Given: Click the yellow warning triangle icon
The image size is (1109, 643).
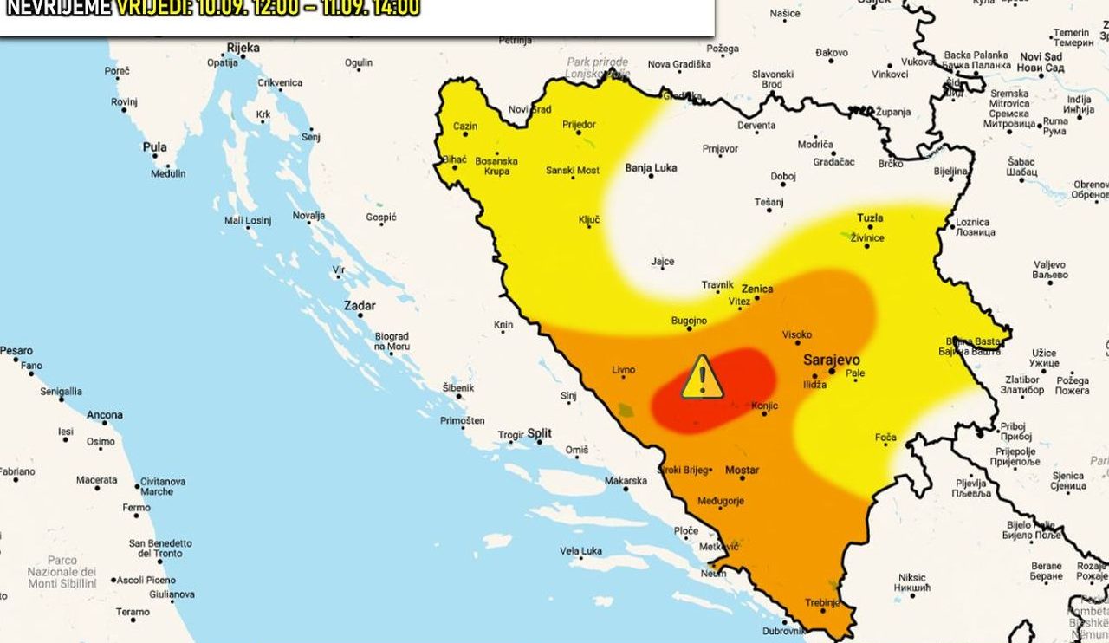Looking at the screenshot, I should coord(702,378).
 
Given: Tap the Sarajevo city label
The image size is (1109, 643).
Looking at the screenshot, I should coord(831,359).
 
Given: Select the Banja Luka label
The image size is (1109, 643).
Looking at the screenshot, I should coord(651,168).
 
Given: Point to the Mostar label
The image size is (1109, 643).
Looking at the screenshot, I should coord(742,470).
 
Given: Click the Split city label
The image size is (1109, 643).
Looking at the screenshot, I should coord(540,432).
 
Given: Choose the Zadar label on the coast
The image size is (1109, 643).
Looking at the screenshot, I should coord(360,306).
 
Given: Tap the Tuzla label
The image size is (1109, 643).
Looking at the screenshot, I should coord(870,218).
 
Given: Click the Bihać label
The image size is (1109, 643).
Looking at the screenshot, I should coord(454,160).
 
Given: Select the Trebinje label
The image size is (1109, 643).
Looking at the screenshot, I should coord(822,602).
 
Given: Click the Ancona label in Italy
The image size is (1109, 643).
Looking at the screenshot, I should coord(104,415).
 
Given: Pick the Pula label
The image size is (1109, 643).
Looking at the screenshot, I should coord(154,147).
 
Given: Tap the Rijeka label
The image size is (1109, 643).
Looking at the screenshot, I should coord(243,48).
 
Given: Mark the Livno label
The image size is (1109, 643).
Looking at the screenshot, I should coord(623,370).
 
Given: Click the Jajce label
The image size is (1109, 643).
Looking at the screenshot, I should coord(663,261).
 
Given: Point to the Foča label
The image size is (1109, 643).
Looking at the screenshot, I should coord(885,438).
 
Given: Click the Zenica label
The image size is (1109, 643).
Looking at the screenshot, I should coord(757,289).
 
